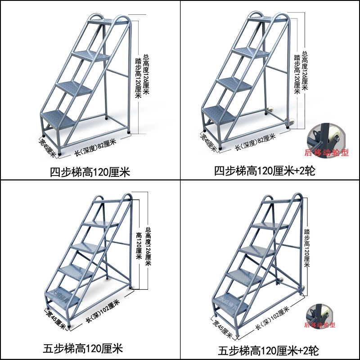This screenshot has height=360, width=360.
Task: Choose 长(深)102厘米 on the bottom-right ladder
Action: tap(272, 315)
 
